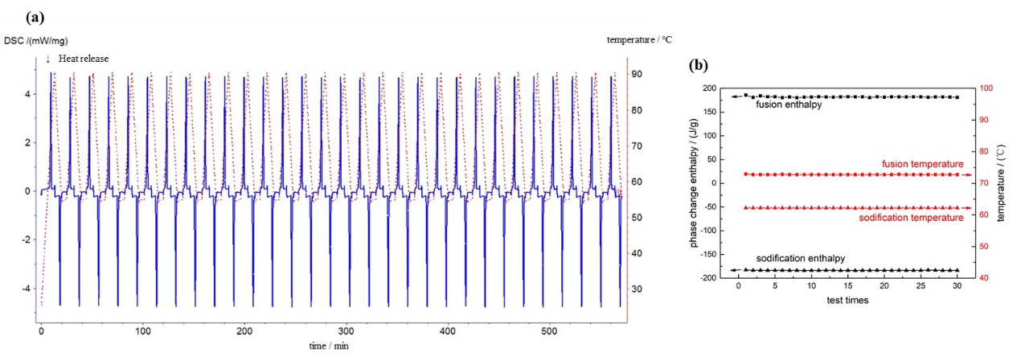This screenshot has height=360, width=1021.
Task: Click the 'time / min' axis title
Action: [x=326, y=345]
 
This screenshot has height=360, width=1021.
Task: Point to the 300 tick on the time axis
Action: [x=346, y=331]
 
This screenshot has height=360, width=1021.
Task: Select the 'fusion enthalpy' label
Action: [x=788, y=104]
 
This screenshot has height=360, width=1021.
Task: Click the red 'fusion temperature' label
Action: [x=922, y=164]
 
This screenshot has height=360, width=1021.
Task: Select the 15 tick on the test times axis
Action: [x=847, y=287]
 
